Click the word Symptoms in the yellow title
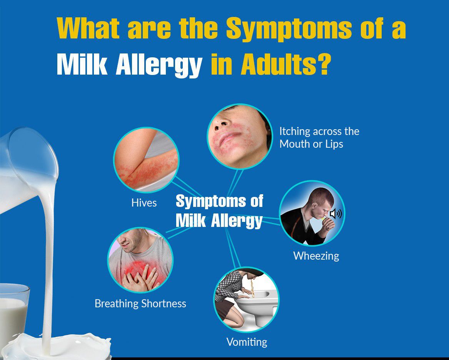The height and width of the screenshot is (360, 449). click(289, 29)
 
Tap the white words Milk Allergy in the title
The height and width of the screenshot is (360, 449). click(130, 65)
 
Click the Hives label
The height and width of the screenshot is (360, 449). click(144, 203)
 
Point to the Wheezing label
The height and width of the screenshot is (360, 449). click(316, 255)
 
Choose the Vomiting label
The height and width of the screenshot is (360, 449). click(247, 342)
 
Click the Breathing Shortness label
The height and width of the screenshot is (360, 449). click(140, 303)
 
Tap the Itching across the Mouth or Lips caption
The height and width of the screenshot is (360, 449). click(319, 137)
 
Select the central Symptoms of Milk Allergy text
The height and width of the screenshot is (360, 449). click(219, 211)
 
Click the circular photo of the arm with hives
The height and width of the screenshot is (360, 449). click(146, 160)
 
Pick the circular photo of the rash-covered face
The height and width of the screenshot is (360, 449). click(240, 136)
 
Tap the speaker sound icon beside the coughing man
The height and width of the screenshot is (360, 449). click(335, 213)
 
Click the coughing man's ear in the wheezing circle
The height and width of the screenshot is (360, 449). click(314, 206)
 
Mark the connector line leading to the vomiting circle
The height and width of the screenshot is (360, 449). click(233, 248)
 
